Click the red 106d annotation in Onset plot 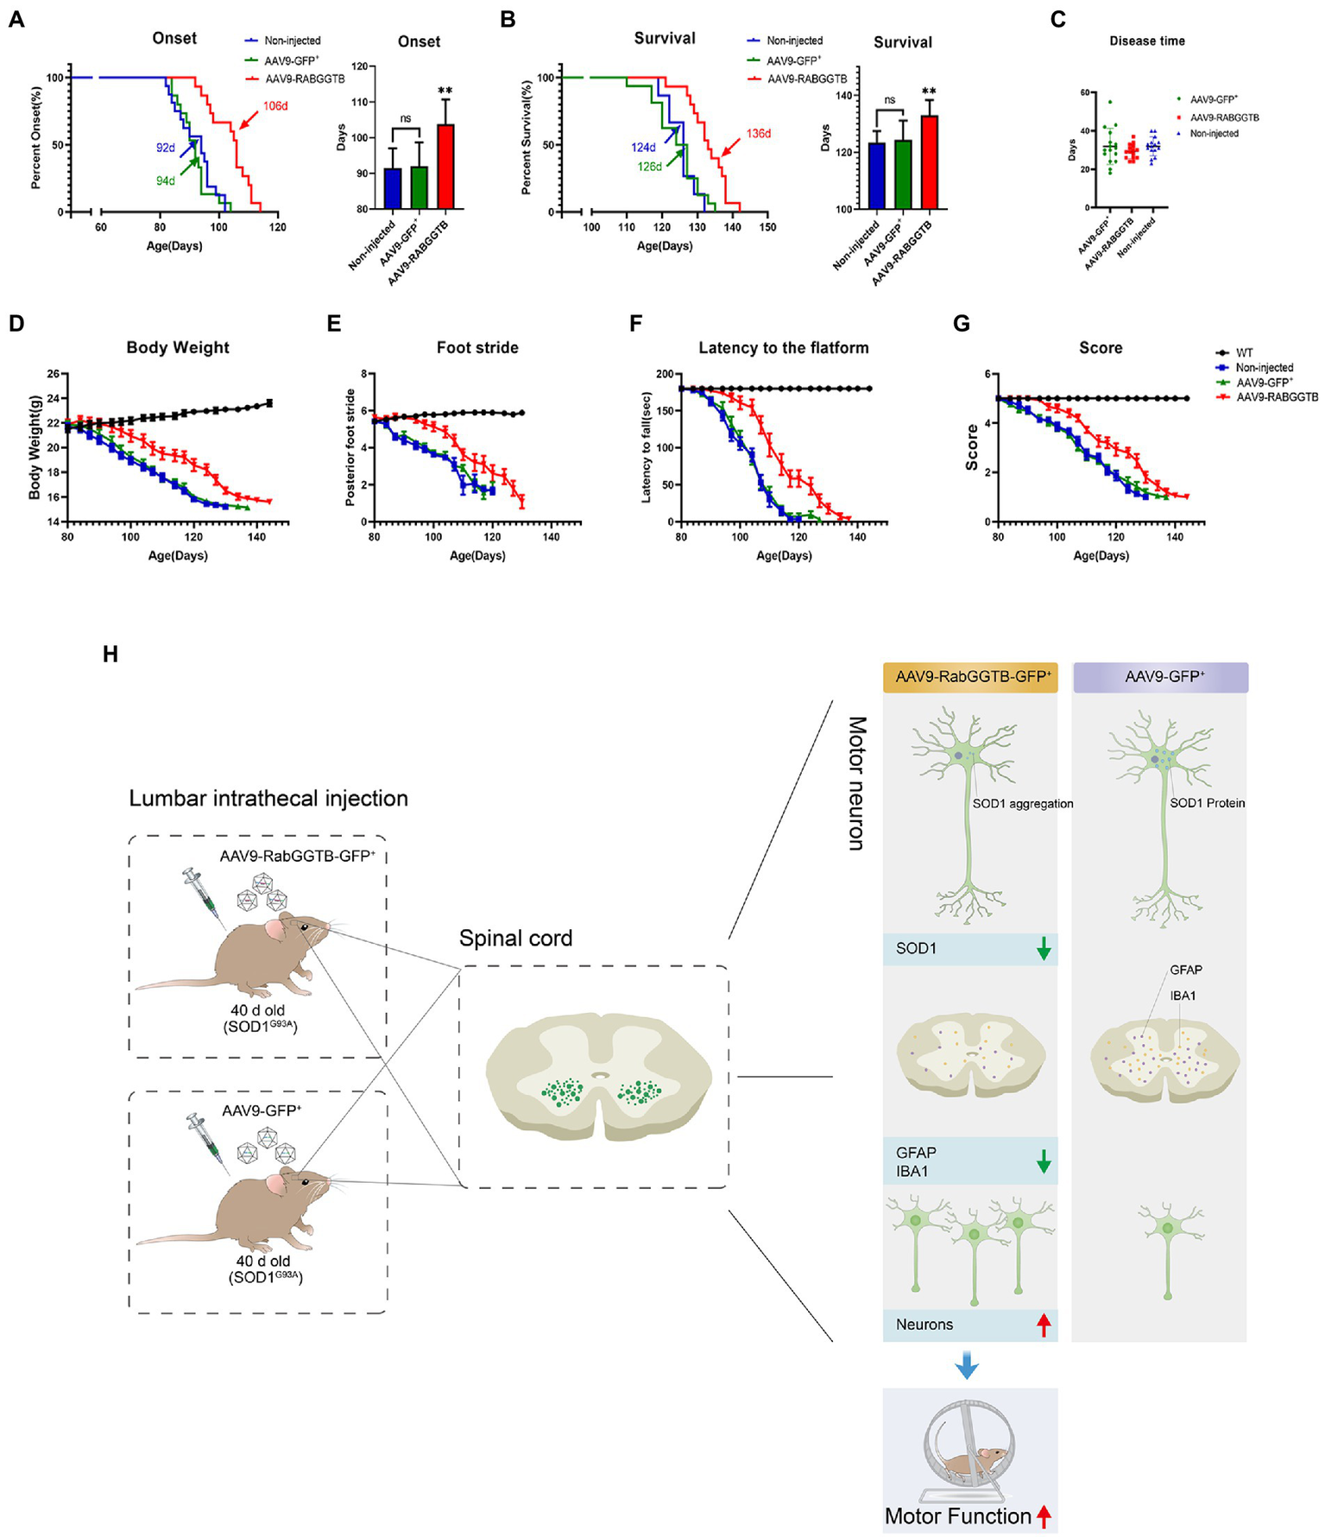(275, 106)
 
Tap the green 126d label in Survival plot (650, 167)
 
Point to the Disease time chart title (1147, 41)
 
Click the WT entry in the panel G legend (1244, 352)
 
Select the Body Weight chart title (178, 347)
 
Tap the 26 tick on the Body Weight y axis (54, 374)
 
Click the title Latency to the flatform (783, 347)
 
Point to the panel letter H (110, 654)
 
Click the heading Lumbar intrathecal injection (268, 798)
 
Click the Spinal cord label (515, 938)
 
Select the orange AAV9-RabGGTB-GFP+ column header (969, 677)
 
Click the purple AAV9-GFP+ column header (1160, 677)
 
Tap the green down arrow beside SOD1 (1044, 949)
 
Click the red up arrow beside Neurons (1044, 1324)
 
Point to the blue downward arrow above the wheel (967, 1365)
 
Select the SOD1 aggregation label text (1023, 803)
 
